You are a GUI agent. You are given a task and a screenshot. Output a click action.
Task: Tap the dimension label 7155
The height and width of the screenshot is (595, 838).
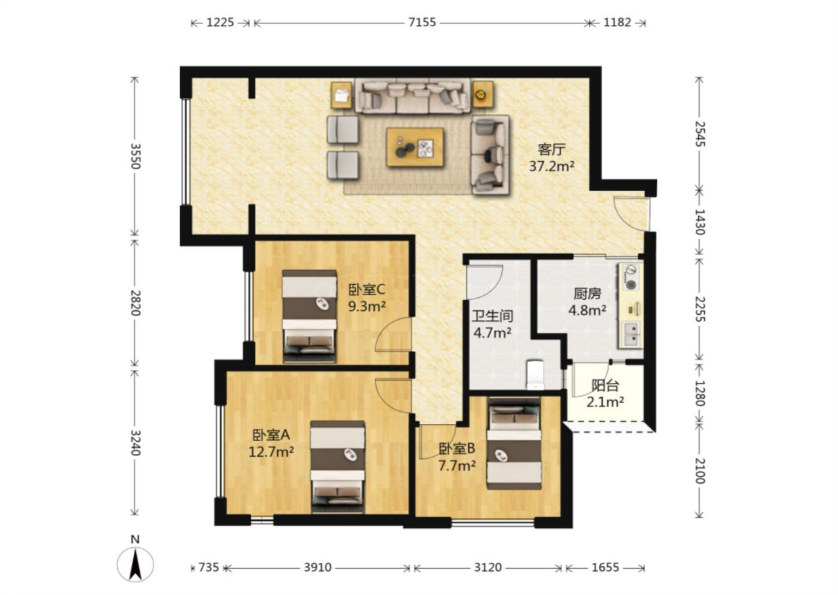coord(422,23)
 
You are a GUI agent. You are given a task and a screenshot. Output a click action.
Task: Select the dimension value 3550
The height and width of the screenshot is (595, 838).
coord(135,156)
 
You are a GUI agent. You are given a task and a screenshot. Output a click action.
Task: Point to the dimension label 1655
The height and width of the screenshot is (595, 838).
coord(605,568)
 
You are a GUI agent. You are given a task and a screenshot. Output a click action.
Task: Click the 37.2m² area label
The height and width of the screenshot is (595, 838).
coord(552,166)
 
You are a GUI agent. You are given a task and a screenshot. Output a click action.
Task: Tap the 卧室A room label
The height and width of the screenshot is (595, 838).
coord(271,435)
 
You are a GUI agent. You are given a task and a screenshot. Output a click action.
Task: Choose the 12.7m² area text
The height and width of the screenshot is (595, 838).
coord(271,452)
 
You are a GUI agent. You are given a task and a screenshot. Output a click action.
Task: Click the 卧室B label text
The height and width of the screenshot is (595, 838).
coord(457,448)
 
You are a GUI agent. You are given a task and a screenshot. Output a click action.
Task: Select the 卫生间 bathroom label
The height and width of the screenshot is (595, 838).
coord(492,316)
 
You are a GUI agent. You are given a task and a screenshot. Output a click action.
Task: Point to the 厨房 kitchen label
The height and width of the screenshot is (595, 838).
coord(587,294)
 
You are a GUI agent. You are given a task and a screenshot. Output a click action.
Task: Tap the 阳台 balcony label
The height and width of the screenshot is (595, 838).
coord(605,386)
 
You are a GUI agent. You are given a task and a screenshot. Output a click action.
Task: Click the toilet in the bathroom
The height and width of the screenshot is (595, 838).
coord(535,374)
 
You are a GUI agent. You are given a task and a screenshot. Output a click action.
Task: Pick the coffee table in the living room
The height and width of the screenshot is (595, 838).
coord(415,147)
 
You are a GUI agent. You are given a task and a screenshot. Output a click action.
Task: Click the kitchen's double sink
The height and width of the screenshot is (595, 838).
coord(632,334)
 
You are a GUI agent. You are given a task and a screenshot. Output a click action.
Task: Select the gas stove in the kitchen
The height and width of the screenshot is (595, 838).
coord(632,278)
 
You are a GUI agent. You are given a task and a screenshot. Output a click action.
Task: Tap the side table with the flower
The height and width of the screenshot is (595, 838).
coord(482,95)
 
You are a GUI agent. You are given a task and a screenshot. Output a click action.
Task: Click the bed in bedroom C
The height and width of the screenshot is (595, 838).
coord(309,316)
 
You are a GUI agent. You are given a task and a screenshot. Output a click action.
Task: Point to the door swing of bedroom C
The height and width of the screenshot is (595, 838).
coord(393,334)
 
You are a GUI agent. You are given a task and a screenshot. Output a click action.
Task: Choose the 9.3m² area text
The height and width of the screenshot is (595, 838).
coord(367,306)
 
